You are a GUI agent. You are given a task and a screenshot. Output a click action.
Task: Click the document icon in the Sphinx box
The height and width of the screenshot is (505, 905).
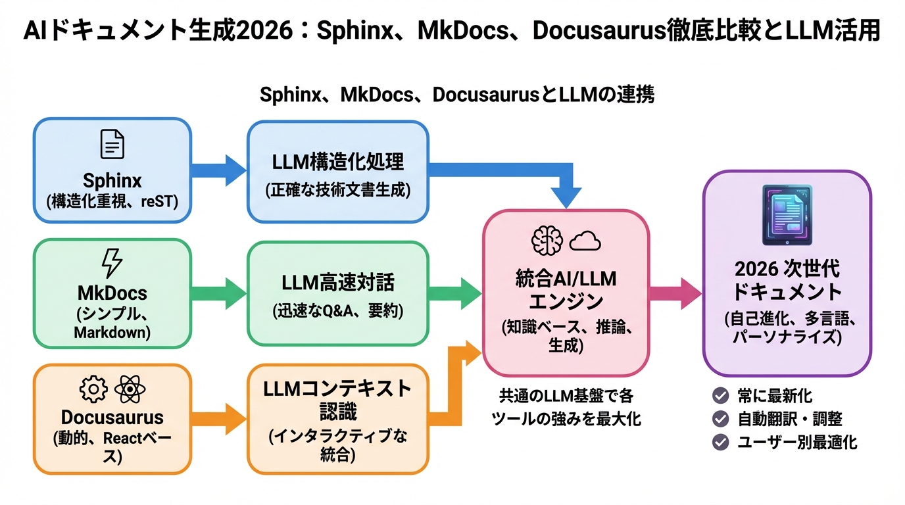coord(112,143)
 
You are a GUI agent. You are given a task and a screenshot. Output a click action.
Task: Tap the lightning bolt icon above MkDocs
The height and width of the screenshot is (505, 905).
coord(112,263)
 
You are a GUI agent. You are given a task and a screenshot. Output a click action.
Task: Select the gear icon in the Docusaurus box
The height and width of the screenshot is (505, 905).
coord(93,389)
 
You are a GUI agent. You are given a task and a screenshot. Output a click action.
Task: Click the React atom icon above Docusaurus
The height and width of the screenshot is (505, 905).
coord(130,389)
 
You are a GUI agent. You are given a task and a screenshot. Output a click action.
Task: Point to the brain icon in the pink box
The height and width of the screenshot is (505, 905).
coord(547,241)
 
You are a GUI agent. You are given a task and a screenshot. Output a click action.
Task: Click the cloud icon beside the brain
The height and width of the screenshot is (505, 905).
coord(585,242)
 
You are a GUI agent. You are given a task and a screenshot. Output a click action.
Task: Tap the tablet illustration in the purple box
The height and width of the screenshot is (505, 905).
coord(787,215)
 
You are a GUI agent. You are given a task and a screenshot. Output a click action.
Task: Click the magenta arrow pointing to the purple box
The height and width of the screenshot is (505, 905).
coord(675,293)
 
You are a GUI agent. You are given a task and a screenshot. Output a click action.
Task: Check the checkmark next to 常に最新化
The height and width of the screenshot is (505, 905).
coord(721,395)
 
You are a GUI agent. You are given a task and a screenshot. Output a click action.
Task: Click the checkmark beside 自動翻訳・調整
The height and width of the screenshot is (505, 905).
coord(721,418)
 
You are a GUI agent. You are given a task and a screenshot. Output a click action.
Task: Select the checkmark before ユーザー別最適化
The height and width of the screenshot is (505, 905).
coord(721,441)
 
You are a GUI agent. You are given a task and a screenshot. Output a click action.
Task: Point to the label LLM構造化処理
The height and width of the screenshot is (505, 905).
coord(337,162)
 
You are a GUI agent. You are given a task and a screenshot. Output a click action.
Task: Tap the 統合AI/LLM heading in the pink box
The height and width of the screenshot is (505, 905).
coord(566,279)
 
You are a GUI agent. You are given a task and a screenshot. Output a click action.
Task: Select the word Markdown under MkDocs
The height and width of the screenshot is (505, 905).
coord(112,332)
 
